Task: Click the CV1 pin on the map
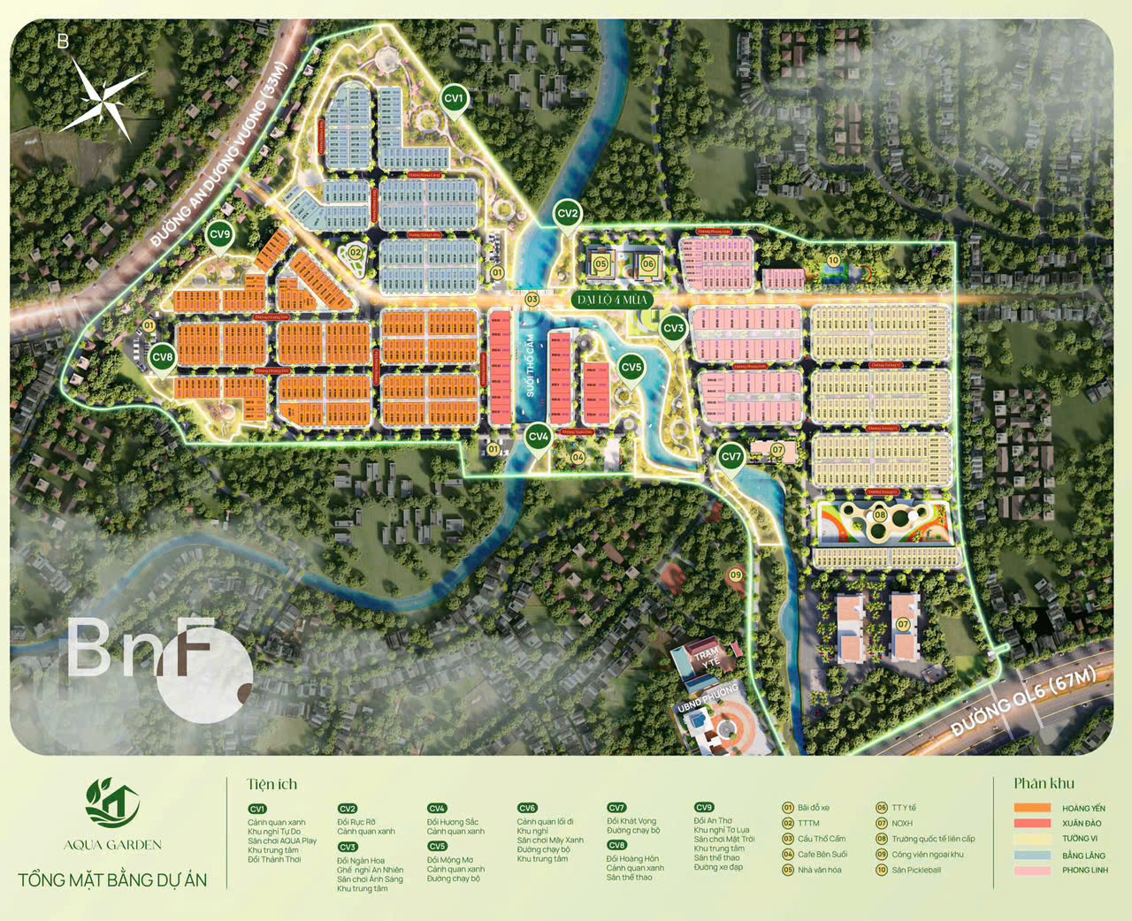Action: coord(454,99)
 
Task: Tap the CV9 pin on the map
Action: coord(219,235)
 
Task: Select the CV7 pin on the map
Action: coord(730,457)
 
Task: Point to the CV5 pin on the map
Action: coord(631,368)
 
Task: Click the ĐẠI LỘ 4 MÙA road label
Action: coord(613,301)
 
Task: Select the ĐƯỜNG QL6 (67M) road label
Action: coord(1024,702)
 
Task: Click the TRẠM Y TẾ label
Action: coord(707,656)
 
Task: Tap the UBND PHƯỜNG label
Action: coord(707,698)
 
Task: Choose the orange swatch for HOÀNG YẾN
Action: coord(1032,808)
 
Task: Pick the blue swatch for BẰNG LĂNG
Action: coord(1032,855)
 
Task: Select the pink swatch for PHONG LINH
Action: coord(1032,871)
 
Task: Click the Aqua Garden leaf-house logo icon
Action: coord(112,803)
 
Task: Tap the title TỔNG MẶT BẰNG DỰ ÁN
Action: coord(112,880)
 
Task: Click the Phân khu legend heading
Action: coord(1044,783)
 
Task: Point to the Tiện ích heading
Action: coord(272,784)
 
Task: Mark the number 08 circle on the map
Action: coord(880,515)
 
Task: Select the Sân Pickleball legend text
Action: coord(916,871)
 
